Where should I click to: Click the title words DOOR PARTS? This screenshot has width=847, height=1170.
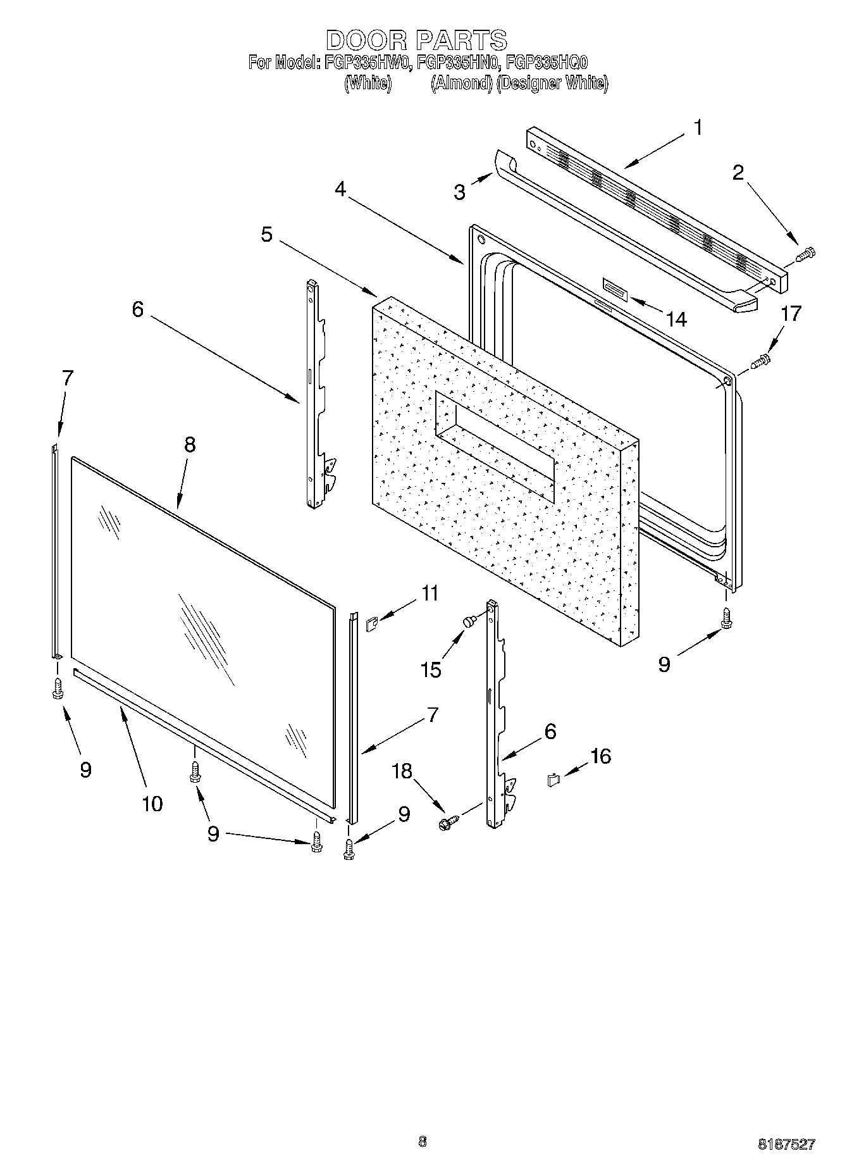point(417,40)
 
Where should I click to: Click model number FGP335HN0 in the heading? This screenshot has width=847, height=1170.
point(457,63)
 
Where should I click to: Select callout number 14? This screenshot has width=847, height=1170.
point(676,319)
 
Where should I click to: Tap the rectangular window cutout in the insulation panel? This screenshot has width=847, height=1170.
point(495,447)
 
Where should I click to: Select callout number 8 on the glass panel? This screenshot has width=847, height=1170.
point(189,445)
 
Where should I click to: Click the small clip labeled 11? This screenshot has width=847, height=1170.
point(371,626)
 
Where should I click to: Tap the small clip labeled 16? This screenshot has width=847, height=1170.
point(553,780)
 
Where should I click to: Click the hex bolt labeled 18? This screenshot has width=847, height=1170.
point(447,823)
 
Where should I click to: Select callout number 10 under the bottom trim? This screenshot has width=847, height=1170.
point(152,804)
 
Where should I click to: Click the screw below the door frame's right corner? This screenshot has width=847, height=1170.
point(726,619)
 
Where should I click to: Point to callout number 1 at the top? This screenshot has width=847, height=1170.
point(698,128)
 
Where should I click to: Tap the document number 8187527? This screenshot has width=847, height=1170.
point(786,1143)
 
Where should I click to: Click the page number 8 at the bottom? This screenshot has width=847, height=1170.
point(423,1142)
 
